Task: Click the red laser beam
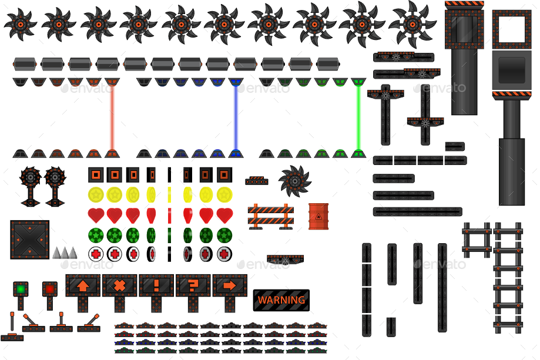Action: pyautogui.click(x=112, y=117)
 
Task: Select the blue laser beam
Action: pyautogui.click(x=236, y=117)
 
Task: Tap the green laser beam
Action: pyautogui.click(x=358, y=117)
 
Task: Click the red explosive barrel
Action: pyautogui.click(x=318, y=216)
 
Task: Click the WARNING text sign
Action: pyautogui.click(x=281, y=300)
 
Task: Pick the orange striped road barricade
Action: pyautogui.click(x=270, y=216)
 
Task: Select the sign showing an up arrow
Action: pyautogui.click(x=83, y=286)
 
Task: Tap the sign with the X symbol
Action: pyautogui.click(x=119, y=286)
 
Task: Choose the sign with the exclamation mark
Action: pyautogui.click(x=156, y=286)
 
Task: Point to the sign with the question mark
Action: pyautogui.click(x=193, y=286)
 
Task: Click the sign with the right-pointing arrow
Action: pyautogui.click(x=230, y=286)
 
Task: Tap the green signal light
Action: pyautogui.click(x=21, y=289)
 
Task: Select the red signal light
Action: pyautogui.click(x=50, y=289)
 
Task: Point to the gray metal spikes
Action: pyautogui.click(x=65, y=253)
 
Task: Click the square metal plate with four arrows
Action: pyautogui.click(x=29, y=240)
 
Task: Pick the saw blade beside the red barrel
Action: pyautogui.click(x=294, y=180)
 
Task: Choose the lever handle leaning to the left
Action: pyautogui.click(x=32, y=322)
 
